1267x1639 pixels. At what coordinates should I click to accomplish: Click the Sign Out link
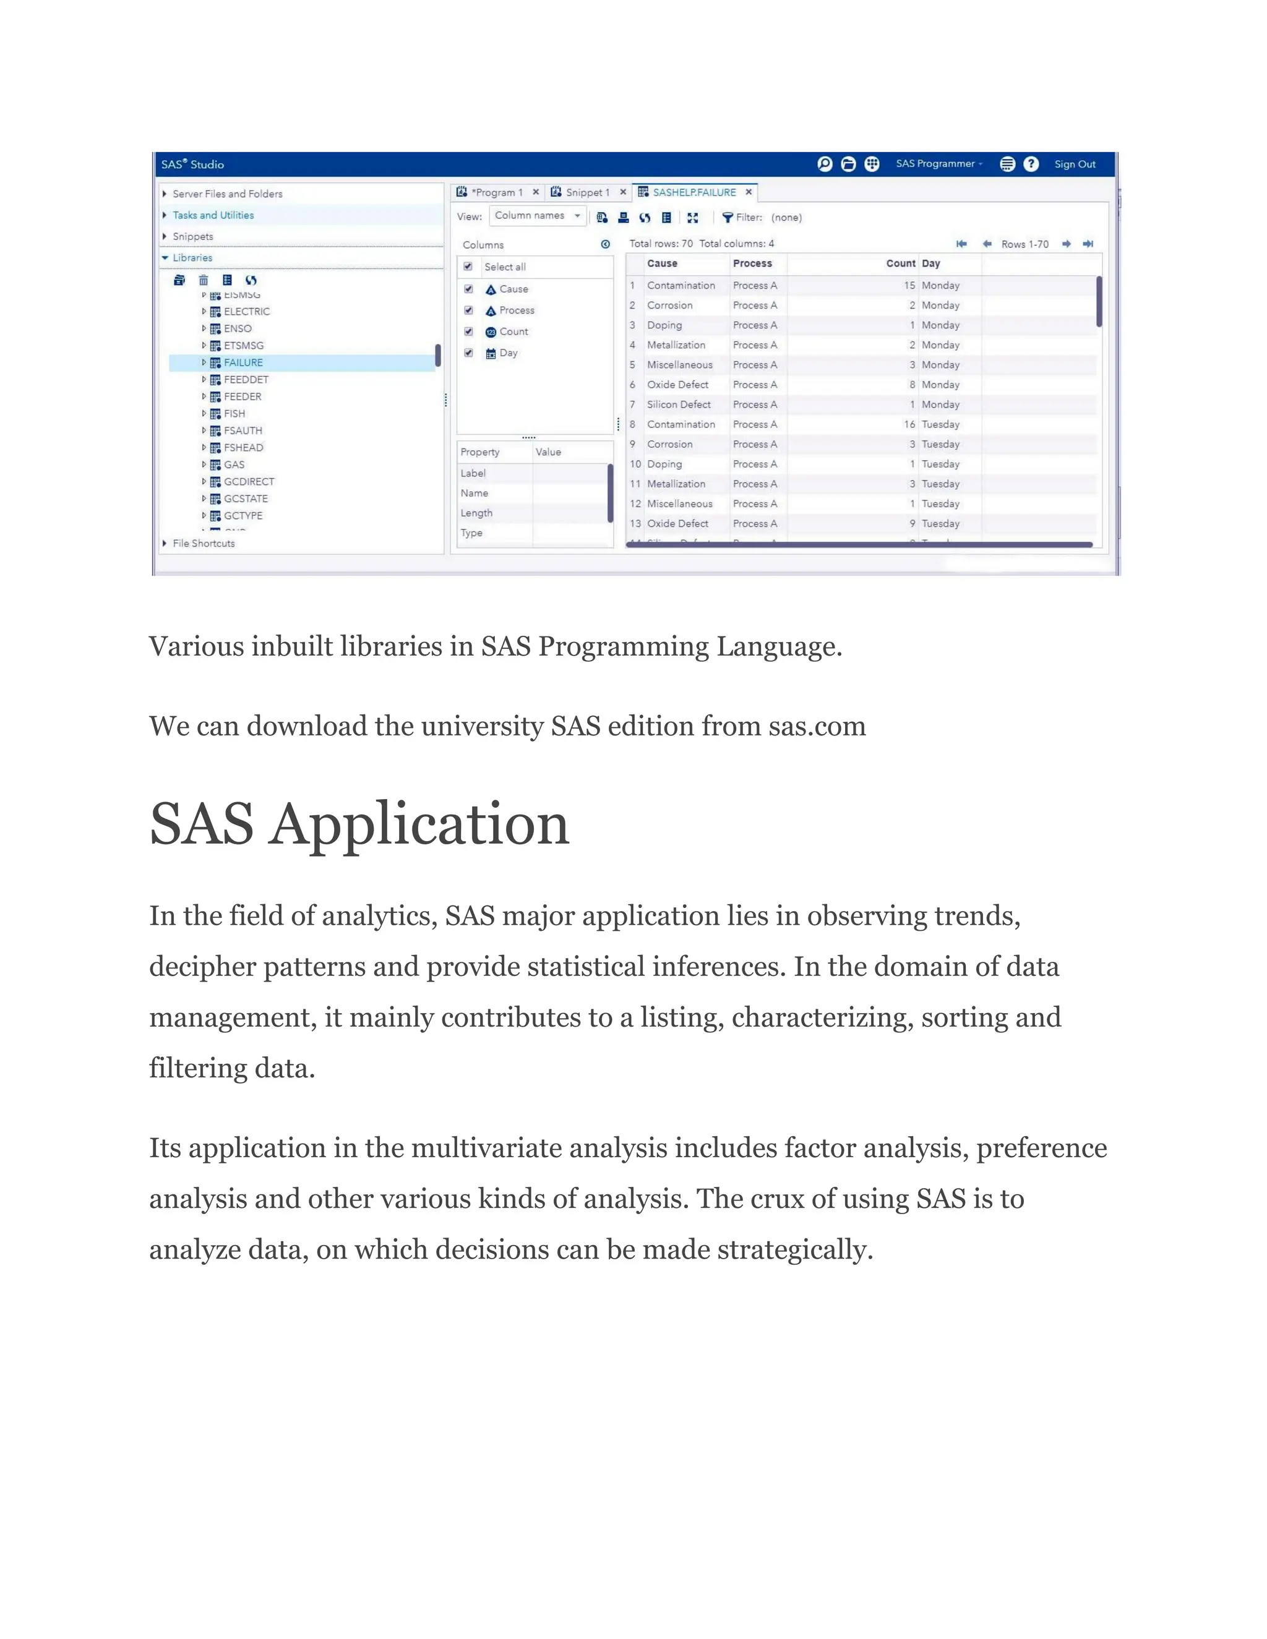[1074, 165]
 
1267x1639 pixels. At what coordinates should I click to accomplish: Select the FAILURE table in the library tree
[243, 362]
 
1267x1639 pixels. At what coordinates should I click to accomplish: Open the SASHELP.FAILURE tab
[694, 193]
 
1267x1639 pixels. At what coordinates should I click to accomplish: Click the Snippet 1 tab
[587, 193]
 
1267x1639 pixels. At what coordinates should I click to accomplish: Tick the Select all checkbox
[468, 267]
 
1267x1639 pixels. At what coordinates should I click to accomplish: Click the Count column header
[900, 263]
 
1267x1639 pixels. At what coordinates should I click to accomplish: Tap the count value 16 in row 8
[909, 424]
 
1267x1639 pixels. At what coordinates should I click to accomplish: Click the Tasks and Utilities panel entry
[213, 215]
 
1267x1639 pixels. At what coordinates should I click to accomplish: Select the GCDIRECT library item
[249, 482]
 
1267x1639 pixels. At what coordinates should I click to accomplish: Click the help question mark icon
[1031, 165]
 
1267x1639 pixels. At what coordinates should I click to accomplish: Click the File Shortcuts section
[204, 543]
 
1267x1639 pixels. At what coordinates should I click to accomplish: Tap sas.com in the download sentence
[817, 727]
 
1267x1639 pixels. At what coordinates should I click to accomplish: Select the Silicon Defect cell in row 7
[679, 404]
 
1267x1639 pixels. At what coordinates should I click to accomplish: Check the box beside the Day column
[468, 353]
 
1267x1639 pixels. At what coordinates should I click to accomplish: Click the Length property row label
[476, 513]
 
